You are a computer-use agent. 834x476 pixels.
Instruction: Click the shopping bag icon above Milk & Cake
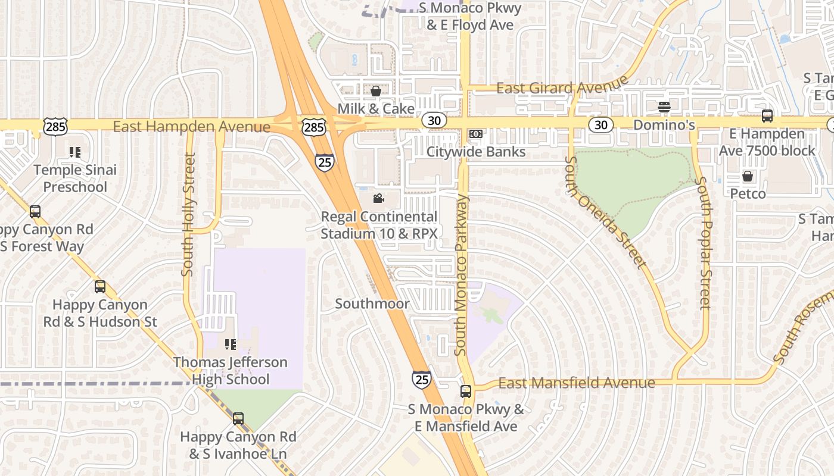(376, 91)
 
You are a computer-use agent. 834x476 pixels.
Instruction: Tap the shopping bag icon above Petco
(747, 176)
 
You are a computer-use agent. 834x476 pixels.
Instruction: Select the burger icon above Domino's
(664, 107)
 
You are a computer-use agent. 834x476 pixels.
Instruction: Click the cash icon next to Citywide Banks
(475, 134)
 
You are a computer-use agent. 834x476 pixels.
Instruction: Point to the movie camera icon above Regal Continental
(378, 198)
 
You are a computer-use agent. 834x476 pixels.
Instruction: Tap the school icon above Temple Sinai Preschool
(74, 152)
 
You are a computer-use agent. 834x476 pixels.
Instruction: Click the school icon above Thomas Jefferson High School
(231, 345)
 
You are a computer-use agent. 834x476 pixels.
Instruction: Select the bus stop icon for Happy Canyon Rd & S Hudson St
(100, 287)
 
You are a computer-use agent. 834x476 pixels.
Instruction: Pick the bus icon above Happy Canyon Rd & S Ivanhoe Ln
(238, 419)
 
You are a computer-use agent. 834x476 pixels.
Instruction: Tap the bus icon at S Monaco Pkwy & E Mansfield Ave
(466, 392)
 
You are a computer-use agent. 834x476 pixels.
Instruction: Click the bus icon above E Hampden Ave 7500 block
(767, 116)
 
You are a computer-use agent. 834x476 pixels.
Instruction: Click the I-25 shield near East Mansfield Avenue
(421, 379)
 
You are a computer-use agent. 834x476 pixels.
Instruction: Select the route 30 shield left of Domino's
(601, 124)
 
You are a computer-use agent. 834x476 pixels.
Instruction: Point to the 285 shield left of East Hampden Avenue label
(55, 126)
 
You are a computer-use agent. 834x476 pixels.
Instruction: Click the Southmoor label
(372, 303)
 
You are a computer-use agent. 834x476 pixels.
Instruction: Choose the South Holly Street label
(188, 214)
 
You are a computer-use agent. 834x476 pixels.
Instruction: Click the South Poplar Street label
(705, 243)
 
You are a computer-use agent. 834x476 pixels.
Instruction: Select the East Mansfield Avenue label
(576, 383)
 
